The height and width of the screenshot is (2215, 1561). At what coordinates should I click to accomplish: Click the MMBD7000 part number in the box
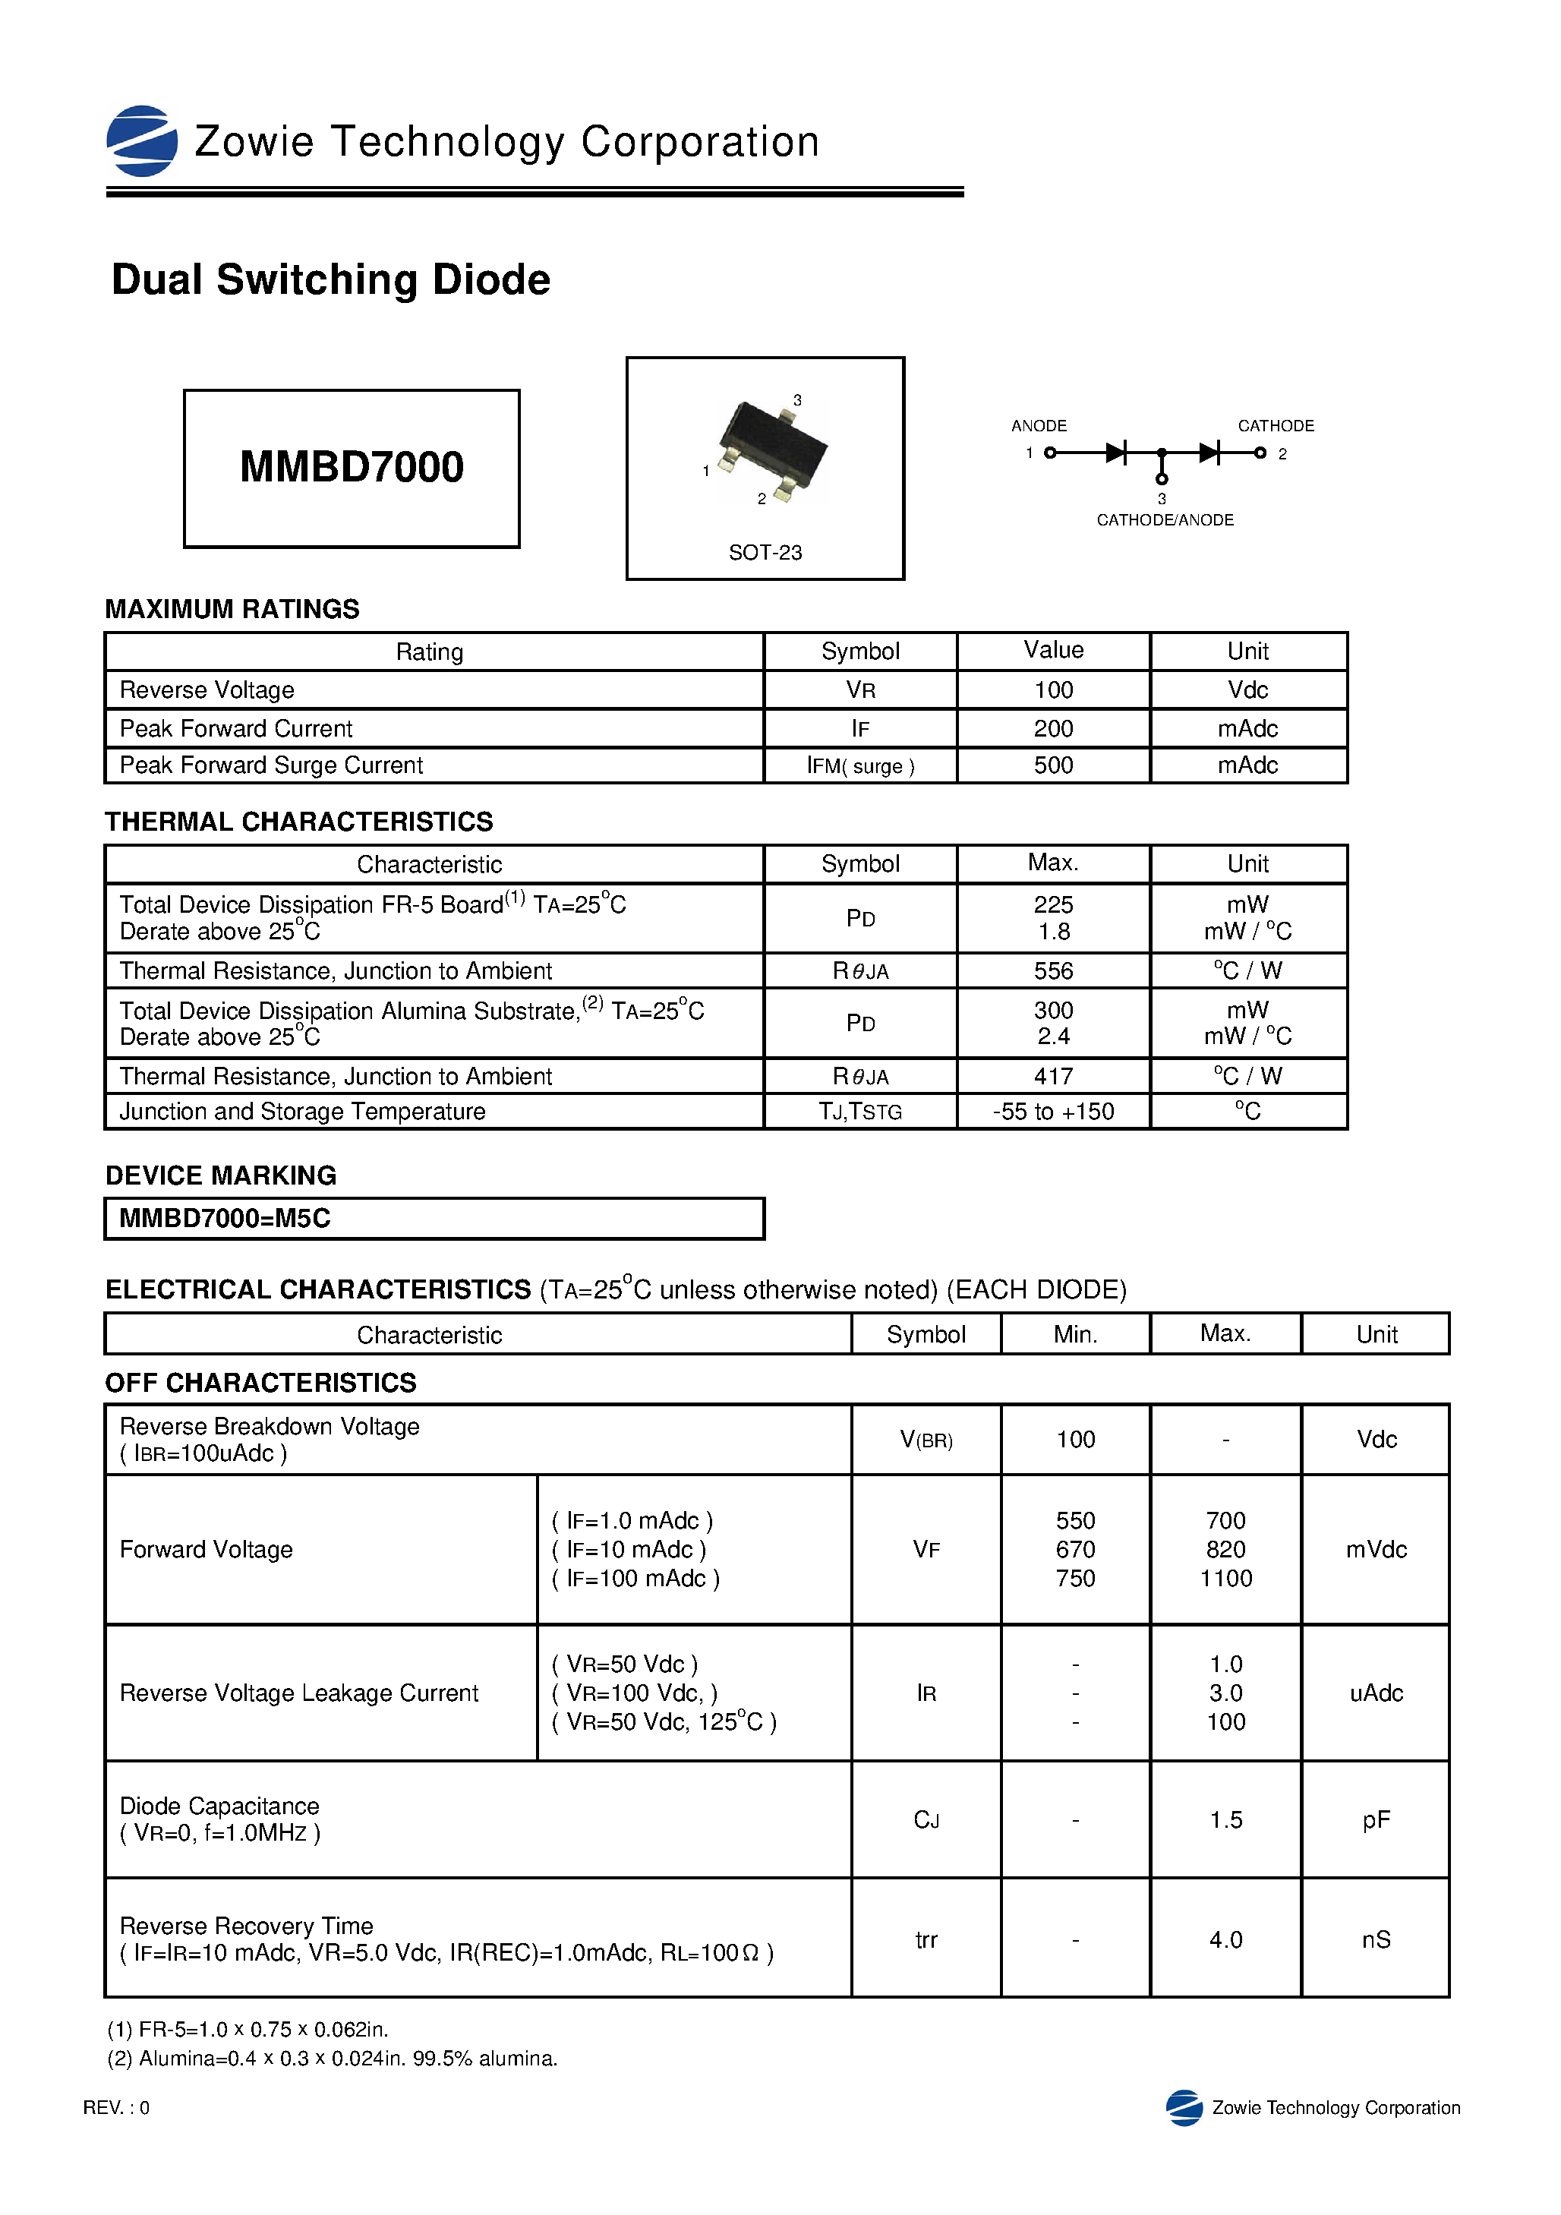(x=352, y=467)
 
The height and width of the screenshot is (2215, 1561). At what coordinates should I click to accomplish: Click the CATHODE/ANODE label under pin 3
(x=1165, y=520)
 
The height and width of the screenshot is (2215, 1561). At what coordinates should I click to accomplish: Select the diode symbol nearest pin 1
(x=1116, y=453)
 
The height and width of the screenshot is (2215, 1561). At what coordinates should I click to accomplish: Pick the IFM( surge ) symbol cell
(x=859, y=766)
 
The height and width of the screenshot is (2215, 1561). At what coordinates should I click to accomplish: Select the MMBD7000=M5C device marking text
(x=225, y=1219)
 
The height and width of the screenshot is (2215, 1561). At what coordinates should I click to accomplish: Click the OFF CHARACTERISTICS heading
(x=260, y=1383)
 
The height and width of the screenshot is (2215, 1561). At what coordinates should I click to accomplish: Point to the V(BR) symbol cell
(x=926, y=1440)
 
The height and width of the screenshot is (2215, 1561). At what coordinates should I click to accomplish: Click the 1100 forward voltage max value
(x=1225, y=1578)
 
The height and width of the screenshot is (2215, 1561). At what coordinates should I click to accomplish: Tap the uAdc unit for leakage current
(x=1376, y=1693)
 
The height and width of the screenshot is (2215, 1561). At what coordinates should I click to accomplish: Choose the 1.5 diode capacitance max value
(x=1225, y=1819)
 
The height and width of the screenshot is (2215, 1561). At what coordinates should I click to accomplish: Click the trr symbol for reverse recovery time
(x=926, y=1939)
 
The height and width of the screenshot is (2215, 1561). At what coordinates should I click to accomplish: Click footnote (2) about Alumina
(x=332, y=2059)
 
